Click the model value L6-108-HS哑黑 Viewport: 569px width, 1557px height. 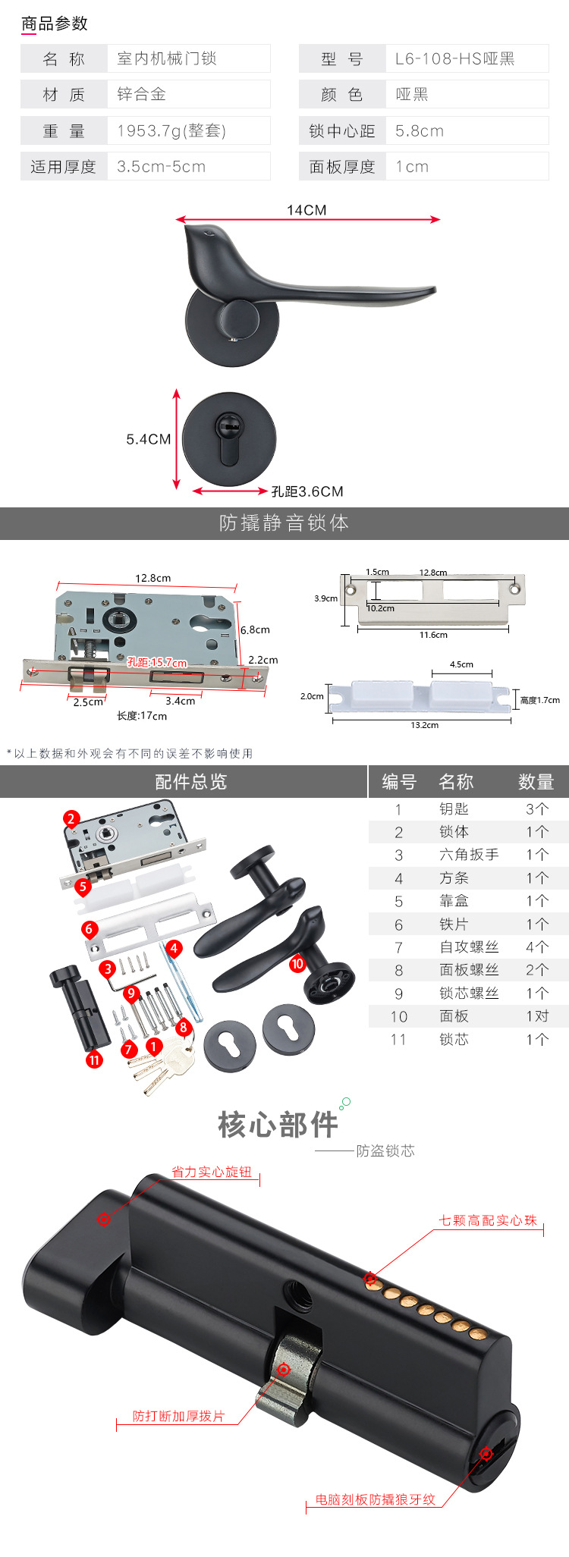(454, 58)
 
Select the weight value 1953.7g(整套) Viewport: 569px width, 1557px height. (171, 130)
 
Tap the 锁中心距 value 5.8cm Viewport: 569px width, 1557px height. (420, 130)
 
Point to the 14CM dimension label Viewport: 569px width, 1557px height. (307, 210)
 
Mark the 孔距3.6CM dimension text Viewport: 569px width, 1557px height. (307, 491)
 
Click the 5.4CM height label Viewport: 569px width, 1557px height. (149, 439)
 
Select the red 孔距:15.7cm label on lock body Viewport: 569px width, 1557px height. (157, 662)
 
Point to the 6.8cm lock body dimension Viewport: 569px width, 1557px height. (255, 629)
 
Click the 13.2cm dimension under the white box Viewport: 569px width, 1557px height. (425, 725)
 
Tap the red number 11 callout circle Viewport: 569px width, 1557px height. (94, 1059)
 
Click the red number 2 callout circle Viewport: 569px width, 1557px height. (71, 818)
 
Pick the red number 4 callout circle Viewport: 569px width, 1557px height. (174, 948)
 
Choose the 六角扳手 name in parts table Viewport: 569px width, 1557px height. (469, 855)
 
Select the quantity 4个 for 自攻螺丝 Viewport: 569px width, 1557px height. (537, 946)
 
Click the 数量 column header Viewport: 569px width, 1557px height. (536, 782)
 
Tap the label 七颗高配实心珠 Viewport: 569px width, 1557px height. (488, 1220)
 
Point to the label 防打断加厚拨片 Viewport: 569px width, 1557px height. (178, 1416)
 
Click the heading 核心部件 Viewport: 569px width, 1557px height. (278, 1125)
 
